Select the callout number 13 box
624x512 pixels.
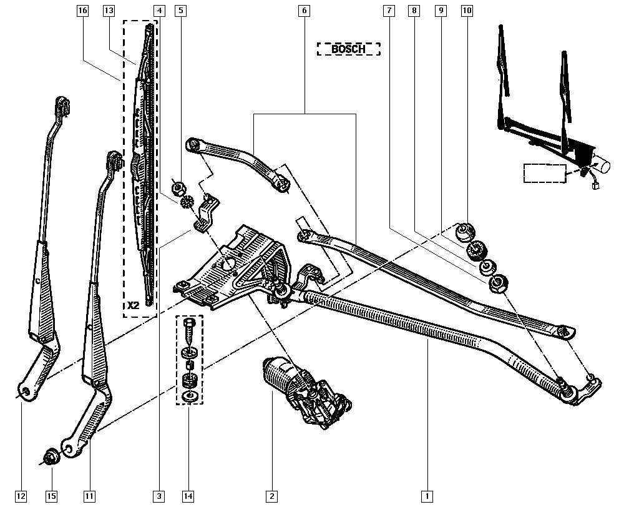[109, 11]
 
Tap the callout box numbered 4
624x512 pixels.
[159, 11]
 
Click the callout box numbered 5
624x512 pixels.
[180, 11]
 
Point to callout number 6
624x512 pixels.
[304, 11]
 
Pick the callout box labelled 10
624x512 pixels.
[467, 11]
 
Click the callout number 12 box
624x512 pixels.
[21, 496]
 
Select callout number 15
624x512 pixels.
[51, 496]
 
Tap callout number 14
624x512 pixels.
[188, 496]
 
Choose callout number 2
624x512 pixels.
[271, 496]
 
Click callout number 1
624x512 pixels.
[427, 496]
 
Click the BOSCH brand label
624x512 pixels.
[348, 49]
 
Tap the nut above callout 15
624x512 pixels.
[51, 456]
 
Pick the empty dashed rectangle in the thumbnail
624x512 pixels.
[544, 172]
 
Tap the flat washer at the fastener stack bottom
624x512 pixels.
[190, 396]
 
